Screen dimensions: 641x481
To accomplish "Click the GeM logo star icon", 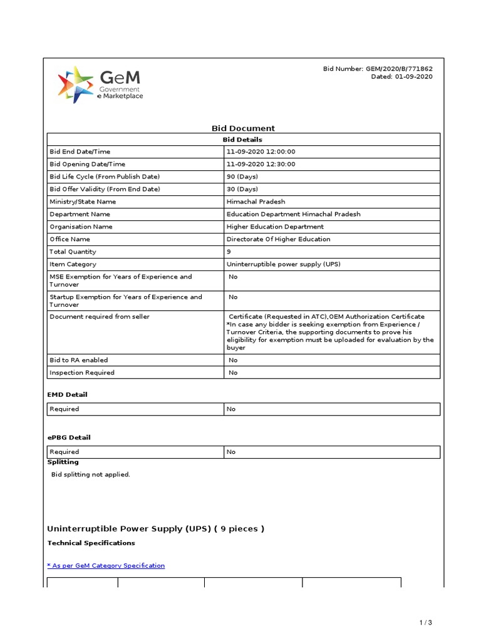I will [76, 85].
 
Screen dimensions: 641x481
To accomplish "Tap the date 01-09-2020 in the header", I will [413, 76].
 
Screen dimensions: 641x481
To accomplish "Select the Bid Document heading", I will [243, 128].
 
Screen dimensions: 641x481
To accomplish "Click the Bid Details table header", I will [243, 140].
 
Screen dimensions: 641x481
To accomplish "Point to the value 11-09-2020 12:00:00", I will [261, 151].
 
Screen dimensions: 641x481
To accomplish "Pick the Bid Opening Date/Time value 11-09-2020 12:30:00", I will [261, 164].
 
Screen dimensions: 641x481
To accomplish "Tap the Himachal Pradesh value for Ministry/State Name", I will [256, 202].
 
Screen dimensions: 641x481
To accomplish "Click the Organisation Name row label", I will [81, 227].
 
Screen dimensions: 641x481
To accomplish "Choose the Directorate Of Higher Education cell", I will [278, 239].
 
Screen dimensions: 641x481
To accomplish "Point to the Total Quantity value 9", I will [229, 252].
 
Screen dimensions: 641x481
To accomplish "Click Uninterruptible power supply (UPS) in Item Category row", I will [283, 264].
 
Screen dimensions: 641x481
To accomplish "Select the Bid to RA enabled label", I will [78, 360].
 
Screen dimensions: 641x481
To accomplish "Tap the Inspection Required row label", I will [81, 372].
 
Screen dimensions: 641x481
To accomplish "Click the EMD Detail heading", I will [67, 394].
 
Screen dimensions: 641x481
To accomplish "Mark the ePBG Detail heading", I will [68, 437].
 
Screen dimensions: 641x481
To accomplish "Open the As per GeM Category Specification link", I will [106, 565].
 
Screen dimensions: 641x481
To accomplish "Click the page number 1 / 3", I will [425, 622].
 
